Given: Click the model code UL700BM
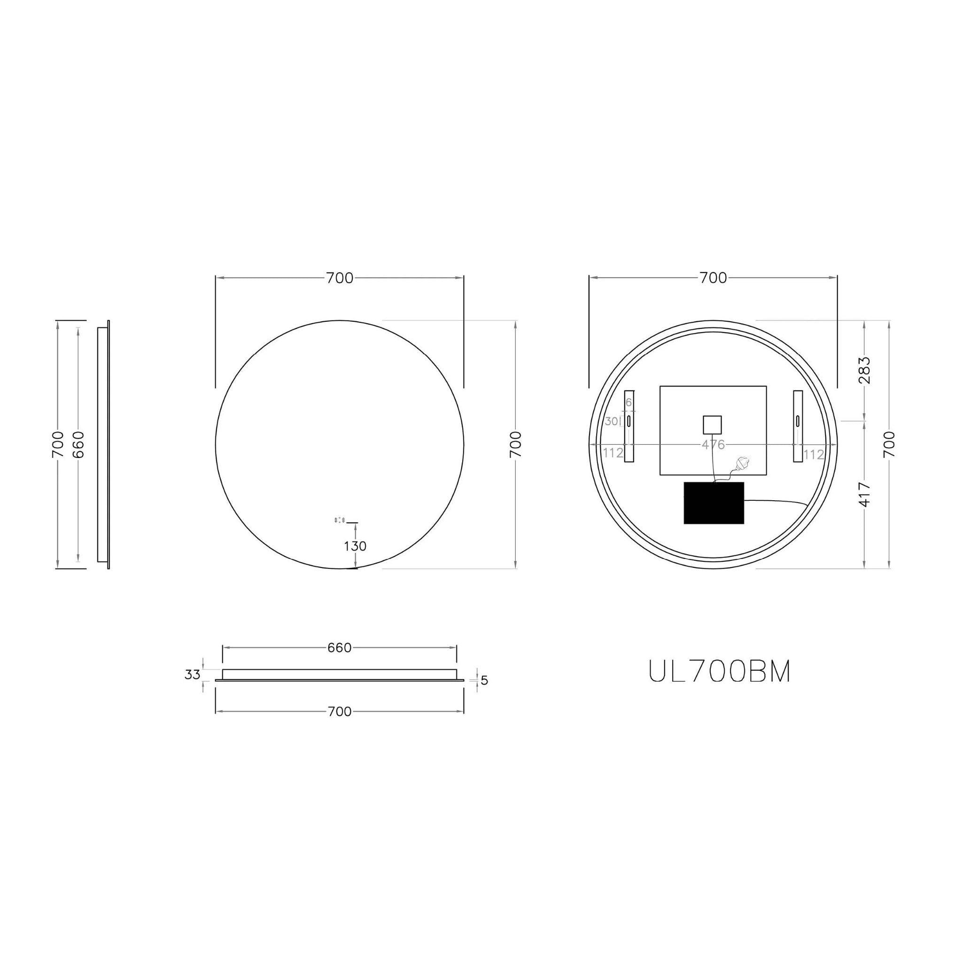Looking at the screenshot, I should (720, 672).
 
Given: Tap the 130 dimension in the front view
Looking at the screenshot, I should (355, 546).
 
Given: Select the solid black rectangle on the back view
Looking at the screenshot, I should (714, 503).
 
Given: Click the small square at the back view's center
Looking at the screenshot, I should (712, 425).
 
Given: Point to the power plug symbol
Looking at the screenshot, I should (744, 463).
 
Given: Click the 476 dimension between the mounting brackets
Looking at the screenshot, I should (713, 445).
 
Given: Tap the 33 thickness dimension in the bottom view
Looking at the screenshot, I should (192, 675).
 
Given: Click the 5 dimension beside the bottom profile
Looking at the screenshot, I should (484, 680).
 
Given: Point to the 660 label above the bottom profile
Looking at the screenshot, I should (340, 648).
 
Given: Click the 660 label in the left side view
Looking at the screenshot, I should (78, 444).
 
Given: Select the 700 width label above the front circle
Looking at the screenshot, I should (340, 279).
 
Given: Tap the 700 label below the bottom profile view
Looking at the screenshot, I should (340, 712).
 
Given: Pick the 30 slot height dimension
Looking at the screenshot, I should (611, 421).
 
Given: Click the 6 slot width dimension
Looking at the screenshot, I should (628, 403).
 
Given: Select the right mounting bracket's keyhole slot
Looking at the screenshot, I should (798, 421).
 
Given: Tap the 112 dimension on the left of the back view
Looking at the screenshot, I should (613, 453).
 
